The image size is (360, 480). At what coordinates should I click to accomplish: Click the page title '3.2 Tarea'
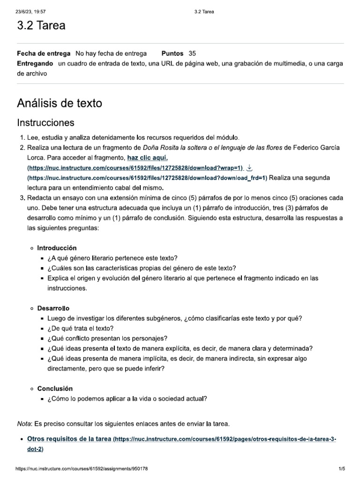[x=41, y=25]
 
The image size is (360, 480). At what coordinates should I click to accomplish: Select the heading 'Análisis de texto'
[x=59, y=103]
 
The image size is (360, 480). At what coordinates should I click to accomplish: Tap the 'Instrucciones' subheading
[x=45, y=123]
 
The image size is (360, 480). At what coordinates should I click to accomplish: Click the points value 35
[x=193, y=54]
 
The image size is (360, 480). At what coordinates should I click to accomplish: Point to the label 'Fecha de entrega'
[x=44, y=54]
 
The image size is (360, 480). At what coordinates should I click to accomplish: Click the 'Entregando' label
[x=35, y=63]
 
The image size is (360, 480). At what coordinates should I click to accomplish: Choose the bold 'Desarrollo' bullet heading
[x=53, y=308]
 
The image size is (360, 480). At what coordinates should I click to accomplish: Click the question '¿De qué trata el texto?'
[x=80, y=328]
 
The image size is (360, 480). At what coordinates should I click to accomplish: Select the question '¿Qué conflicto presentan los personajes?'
[x=107, y=338]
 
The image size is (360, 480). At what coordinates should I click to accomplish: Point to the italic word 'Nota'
[x=23, y=424]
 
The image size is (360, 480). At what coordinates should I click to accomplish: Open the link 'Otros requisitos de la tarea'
[x=69, y=439]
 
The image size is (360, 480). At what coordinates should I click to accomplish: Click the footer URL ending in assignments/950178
[x=82, y=468]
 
